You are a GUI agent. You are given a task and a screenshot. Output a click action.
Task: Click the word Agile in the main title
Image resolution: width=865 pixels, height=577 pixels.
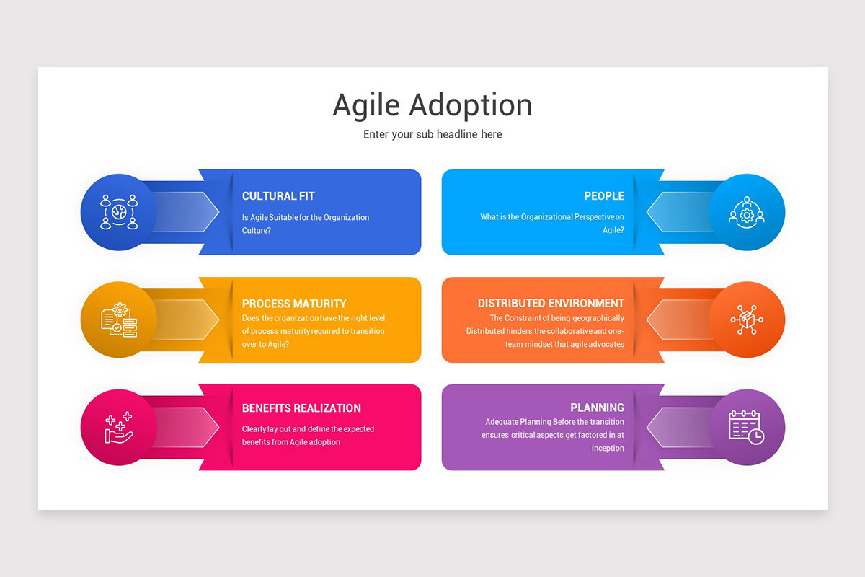tap(366, 106)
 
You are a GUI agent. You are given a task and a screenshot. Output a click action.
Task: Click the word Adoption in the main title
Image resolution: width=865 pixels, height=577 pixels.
tap(471, 106)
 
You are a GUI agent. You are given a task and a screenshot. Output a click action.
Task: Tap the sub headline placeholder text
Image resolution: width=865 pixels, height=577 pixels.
tap(432, 134)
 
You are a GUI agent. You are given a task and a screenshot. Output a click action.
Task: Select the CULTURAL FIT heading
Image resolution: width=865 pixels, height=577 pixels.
tap(278, 196)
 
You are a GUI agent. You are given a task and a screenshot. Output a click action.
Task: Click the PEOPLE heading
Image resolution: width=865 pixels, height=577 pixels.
tap(604, 196)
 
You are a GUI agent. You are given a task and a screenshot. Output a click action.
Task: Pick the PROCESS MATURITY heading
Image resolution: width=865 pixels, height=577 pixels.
tap(294, 304)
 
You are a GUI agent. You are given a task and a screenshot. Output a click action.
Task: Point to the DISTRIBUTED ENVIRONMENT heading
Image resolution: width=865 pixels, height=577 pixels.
tap(551, 304)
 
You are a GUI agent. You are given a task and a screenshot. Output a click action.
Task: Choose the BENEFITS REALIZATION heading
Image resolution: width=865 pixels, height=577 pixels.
tap(301, 408)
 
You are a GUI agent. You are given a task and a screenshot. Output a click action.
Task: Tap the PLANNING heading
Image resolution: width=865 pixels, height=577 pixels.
tap(597, 408)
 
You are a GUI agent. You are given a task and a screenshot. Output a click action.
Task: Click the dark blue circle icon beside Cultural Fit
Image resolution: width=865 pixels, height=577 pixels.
tap(119, 212)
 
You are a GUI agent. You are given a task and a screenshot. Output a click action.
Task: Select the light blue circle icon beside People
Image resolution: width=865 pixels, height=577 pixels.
tap(747, 212)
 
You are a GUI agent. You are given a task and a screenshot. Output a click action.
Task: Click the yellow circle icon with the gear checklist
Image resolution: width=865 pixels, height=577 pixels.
tap(119, 320)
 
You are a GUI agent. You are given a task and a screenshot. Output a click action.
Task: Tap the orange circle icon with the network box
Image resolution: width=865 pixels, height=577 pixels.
tap(747, 320)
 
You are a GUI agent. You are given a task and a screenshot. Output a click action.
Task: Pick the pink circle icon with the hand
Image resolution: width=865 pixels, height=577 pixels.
tap(119, 427)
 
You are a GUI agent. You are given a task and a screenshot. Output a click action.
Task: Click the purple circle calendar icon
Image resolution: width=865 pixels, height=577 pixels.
tap(747, 427)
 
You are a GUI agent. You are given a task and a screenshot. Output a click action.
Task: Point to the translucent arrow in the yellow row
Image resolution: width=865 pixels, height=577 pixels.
tap(184, 320)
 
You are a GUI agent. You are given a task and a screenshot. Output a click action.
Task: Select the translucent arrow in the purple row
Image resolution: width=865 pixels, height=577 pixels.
tap(680, 427)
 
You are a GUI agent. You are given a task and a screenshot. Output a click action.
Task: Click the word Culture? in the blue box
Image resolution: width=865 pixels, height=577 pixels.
tap(257, 230)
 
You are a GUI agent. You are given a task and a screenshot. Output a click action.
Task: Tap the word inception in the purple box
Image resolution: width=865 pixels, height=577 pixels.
tap(608, 448)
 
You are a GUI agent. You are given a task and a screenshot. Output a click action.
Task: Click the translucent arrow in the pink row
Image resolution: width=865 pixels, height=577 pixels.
tap(184, 427)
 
